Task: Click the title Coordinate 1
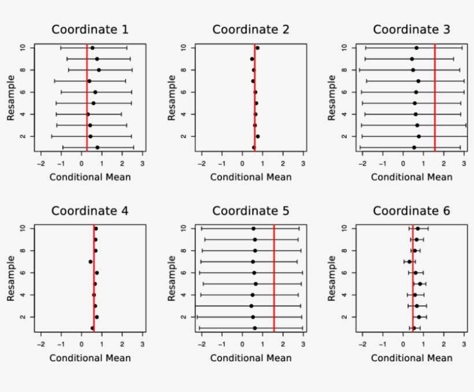tap(90, 29)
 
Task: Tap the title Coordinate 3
tap(411, 29)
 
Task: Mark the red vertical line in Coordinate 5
tap(274, 278)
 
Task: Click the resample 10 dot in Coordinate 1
tap(92, 48)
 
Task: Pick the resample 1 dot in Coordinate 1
tap(97, 147)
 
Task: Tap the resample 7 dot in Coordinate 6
tap(409, 261)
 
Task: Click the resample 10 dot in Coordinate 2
tap(257, 48)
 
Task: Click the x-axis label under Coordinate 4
tap(90, 357)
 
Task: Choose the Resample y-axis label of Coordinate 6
tap(332, 277)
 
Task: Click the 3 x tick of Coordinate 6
tap(464, 344)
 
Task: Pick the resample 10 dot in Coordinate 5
tap(253, 228)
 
